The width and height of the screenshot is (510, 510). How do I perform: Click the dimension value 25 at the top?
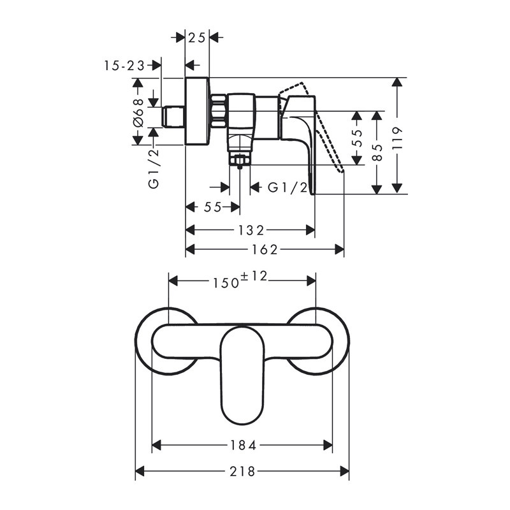click(197, 38)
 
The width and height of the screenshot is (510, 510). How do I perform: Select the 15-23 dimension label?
click(124, 66)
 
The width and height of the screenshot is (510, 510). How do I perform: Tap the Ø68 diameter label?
click(138, 113)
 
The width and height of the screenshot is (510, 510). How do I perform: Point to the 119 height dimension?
click(397, 138)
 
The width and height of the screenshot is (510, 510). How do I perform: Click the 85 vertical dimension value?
click(377, 152)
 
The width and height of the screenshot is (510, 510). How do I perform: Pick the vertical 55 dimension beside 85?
click(357, 138)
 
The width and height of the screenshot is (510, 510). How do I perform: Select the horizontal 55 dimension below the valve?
click(213, 207)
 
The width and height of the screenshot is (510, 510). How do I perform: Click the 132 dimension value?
click(251, 231)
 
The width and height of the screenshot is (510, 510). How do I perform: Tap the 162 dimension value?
click(265, 250)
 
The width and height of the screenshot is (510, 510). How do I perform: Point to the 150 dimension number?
click(226, 283)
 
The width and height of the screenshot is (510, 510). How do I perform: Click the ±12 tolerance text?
click(254, 277)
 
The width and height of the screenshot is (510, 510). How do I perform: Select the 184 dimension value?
click(244, 445)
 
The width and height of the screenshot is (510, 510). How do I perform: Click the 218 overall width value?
click(243, 471)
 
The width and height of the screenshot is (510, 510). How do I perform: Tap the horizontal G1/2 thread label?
click(288, 187)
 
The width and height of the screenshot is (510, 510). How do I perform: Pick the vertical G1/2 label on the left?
click(154, 168)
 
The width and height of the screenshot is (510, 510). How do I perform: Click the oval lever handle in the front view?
click(243, 375)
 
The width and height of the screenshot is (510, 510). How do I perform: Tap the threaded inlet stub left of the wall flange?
click(173, 117)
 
